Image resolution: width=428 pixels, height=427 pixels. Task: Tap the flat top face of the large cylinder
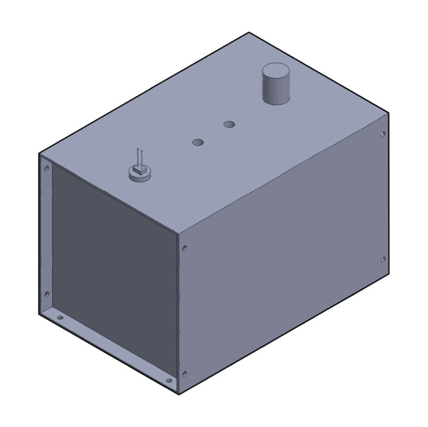(276, 72)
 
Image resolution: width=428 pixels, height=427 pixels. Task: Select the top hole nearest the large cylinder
(229, 124)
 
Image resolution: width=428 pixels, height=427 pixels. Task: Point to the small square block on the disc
(140, 170)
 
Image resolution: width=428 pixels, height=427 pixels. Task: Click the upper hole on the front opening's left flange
(46, 168)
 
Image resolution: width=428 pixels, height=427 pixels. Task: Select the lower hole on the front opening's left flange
(46, 294)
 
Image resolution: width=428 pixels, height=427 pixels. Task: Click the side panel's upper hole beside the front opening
(184, 248)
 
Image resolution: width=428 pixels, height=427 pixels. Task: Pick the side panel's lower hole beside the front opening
(184, 374)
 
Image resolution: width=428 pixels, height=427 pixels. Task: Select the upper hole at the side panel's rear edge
(382, 135)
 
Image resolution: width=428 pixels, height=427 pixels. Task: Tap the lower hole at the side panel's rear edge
(382, 259)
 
